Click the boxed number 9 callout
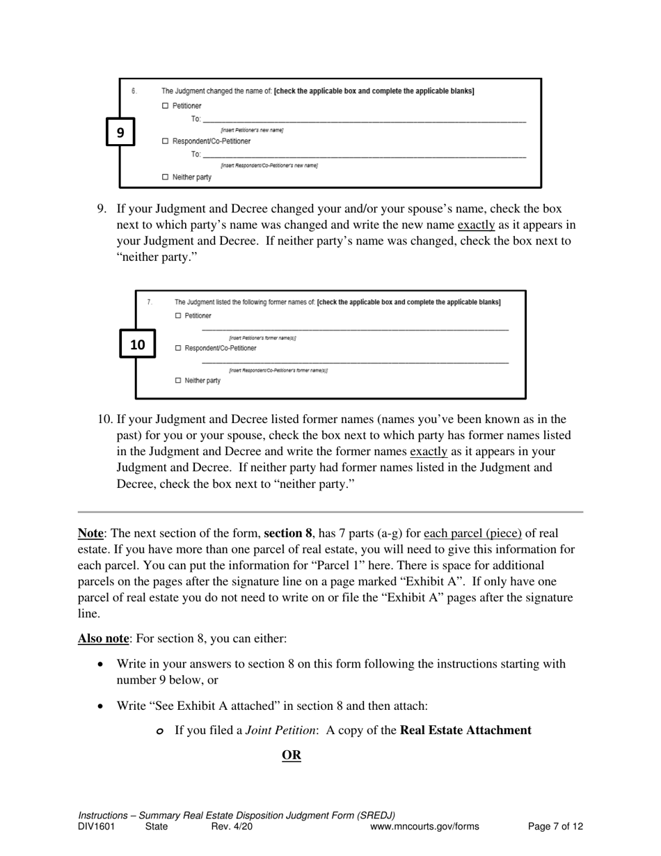[120, 132]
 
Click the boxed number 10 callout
[138, 344]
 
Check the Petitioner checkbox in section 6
[165, 106]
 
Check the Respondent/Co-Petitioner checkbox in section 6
[165, 141]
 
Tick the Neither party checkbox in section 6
[165, 177]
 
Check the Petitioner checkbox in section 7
[178, 316]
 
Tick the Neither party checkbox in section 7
[178, 381]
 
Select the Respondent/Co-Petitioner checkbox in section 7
[178, 348]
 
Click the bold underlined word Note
[90, 534]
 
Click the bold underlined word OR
[292, 756]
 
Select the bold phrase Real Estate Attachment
[465, 730]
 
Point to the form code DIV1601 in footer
[96, 827]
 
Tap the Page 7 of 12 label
[555, 827]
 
